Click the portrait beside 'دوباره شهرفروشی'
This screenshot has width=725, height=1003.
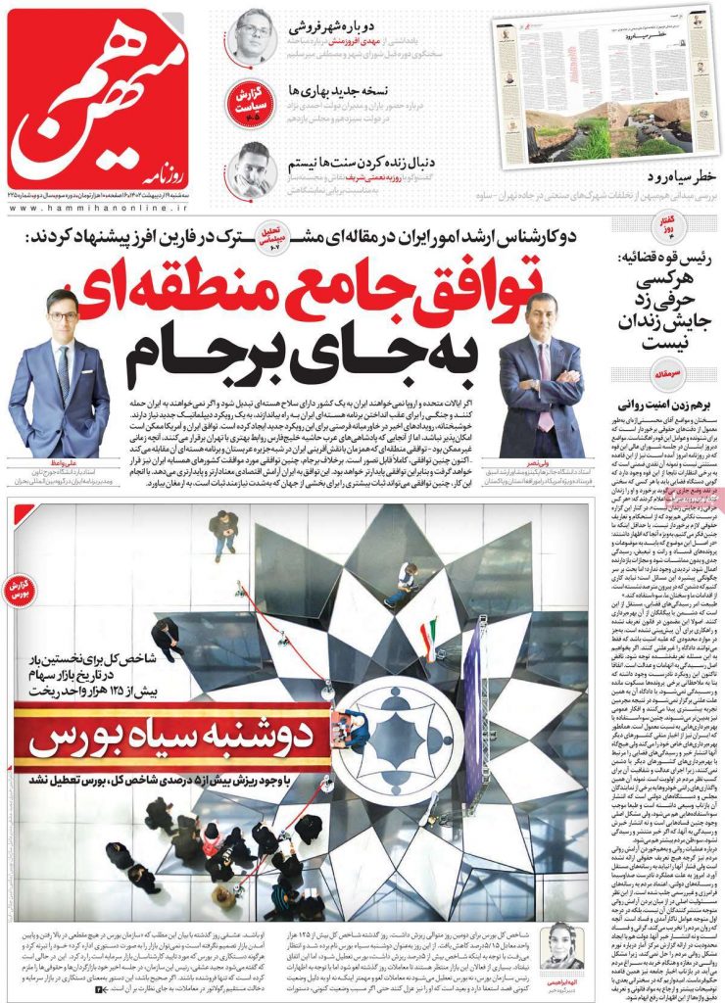tap(254, 34)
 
